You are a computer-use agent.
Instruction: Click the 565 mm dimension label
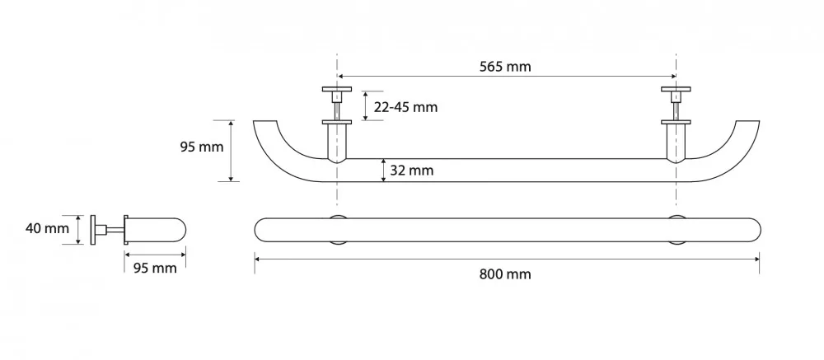click(505, 67)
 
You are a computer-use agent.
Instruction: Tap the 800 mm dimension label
click(505, 274)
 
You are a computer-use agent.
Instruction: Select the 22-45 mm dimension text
click(405, 107)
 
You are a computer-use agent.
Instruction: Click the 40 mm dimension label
click(47, 229)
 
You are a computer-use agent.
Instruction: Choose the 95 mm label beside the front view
click(202, 147)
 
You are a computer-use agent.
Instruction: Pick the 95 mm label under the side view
click(155, 268)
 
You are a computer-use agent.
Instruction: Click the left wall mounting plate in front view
click(337, 90)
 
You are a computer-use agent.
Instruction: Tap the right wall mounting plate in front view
click(676, 90)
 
